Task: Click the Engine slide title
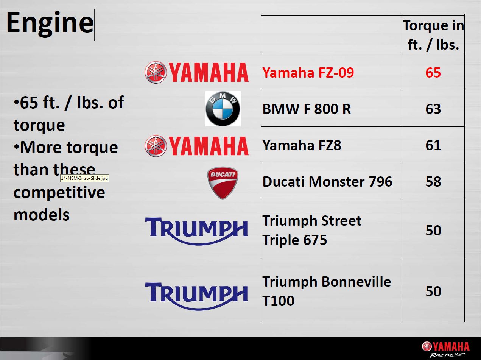[x=50, y=24]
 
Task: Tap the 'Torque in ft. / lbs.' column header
[x=433, y=35]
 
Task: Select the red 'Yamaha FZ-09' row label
[x=308, y=72]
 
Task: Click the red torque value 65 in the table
[x=433, y=72]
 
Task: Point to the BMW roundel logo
[x=223, y=109]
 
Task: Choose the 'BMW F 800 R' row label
[x=307, y=109]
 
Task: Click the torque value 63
[x=433, y=109]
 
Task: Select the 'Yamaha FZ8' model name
[x=302, y=145]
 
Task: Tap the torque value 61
[x=433, y=145]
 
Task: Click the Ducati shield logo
[x=223, y=183]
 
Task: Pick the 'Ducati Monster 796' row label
[x=327, y=181]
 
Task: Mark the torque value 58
[x=433, y=181]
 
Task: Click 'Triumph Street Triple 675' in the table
[x=312, y=230]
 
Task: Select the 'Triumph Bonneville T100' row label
[x=327, y=291]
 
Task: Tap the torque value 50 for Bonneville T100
[x=433, y=291]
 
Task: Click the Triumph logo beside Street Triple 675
[x=196, y=231]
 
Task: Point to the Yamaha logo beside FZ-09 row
[x=196, y=72]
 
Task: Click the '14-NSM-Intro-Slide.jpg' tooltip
[x=84, y=178]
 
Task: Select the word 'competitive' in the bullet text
[x=59, y=193]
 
